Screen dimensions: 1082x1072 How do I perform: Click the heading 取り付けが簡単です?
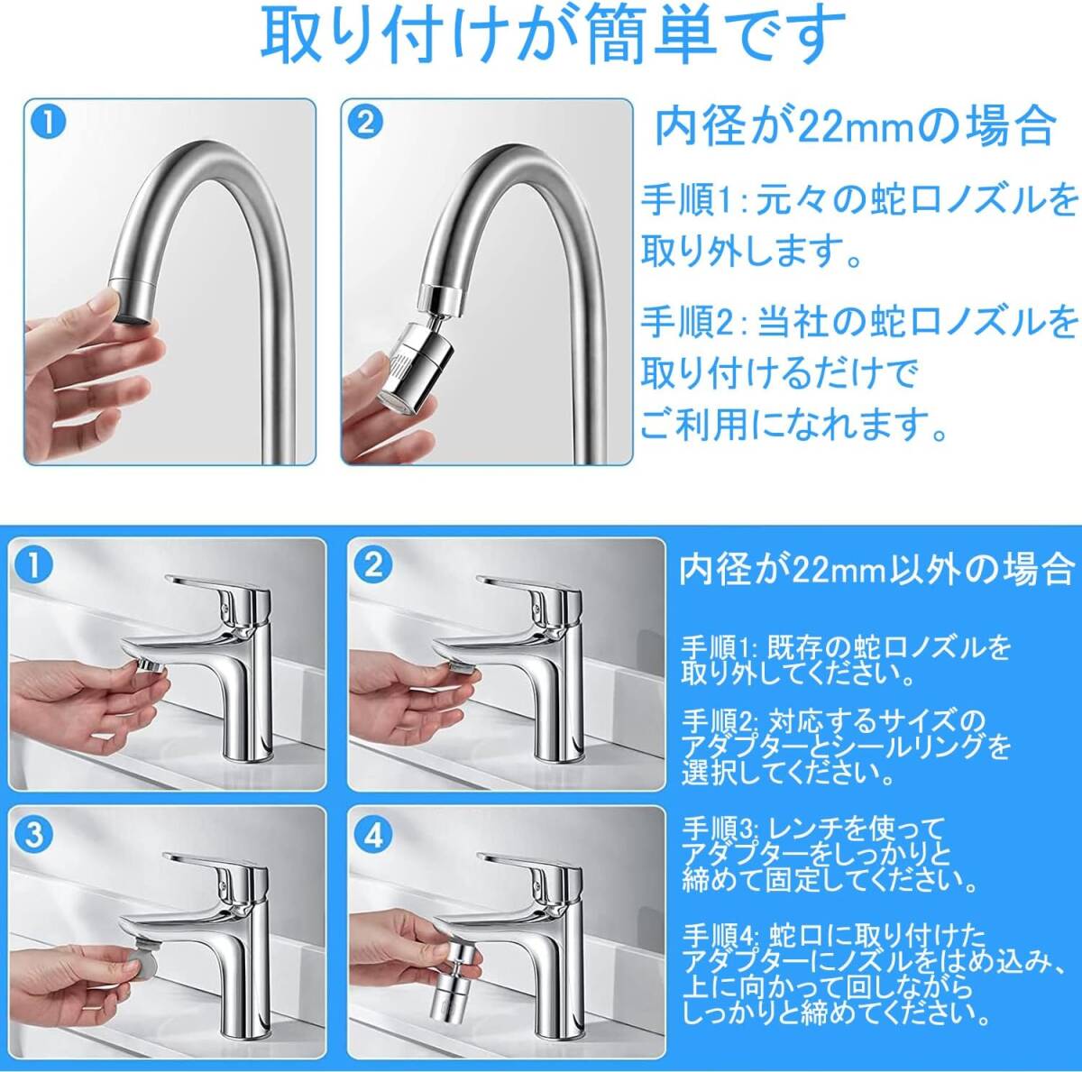(x=553, y=36)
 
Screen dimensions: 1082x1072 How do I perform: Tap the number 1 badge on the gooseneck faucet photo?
(x=50, y=124)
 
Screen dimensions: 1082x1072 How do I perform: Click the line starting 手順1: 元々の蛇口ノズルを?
(x=859, y=200)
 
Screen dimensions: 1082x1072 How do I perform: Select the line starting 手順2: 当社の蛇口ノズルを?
(x=859, y=323)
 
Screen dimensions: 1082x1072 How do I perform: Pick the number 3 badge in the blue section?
(x=35, y=834)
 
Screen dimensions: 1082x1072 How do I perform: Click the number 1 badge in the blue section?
(x=35, y=566)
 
